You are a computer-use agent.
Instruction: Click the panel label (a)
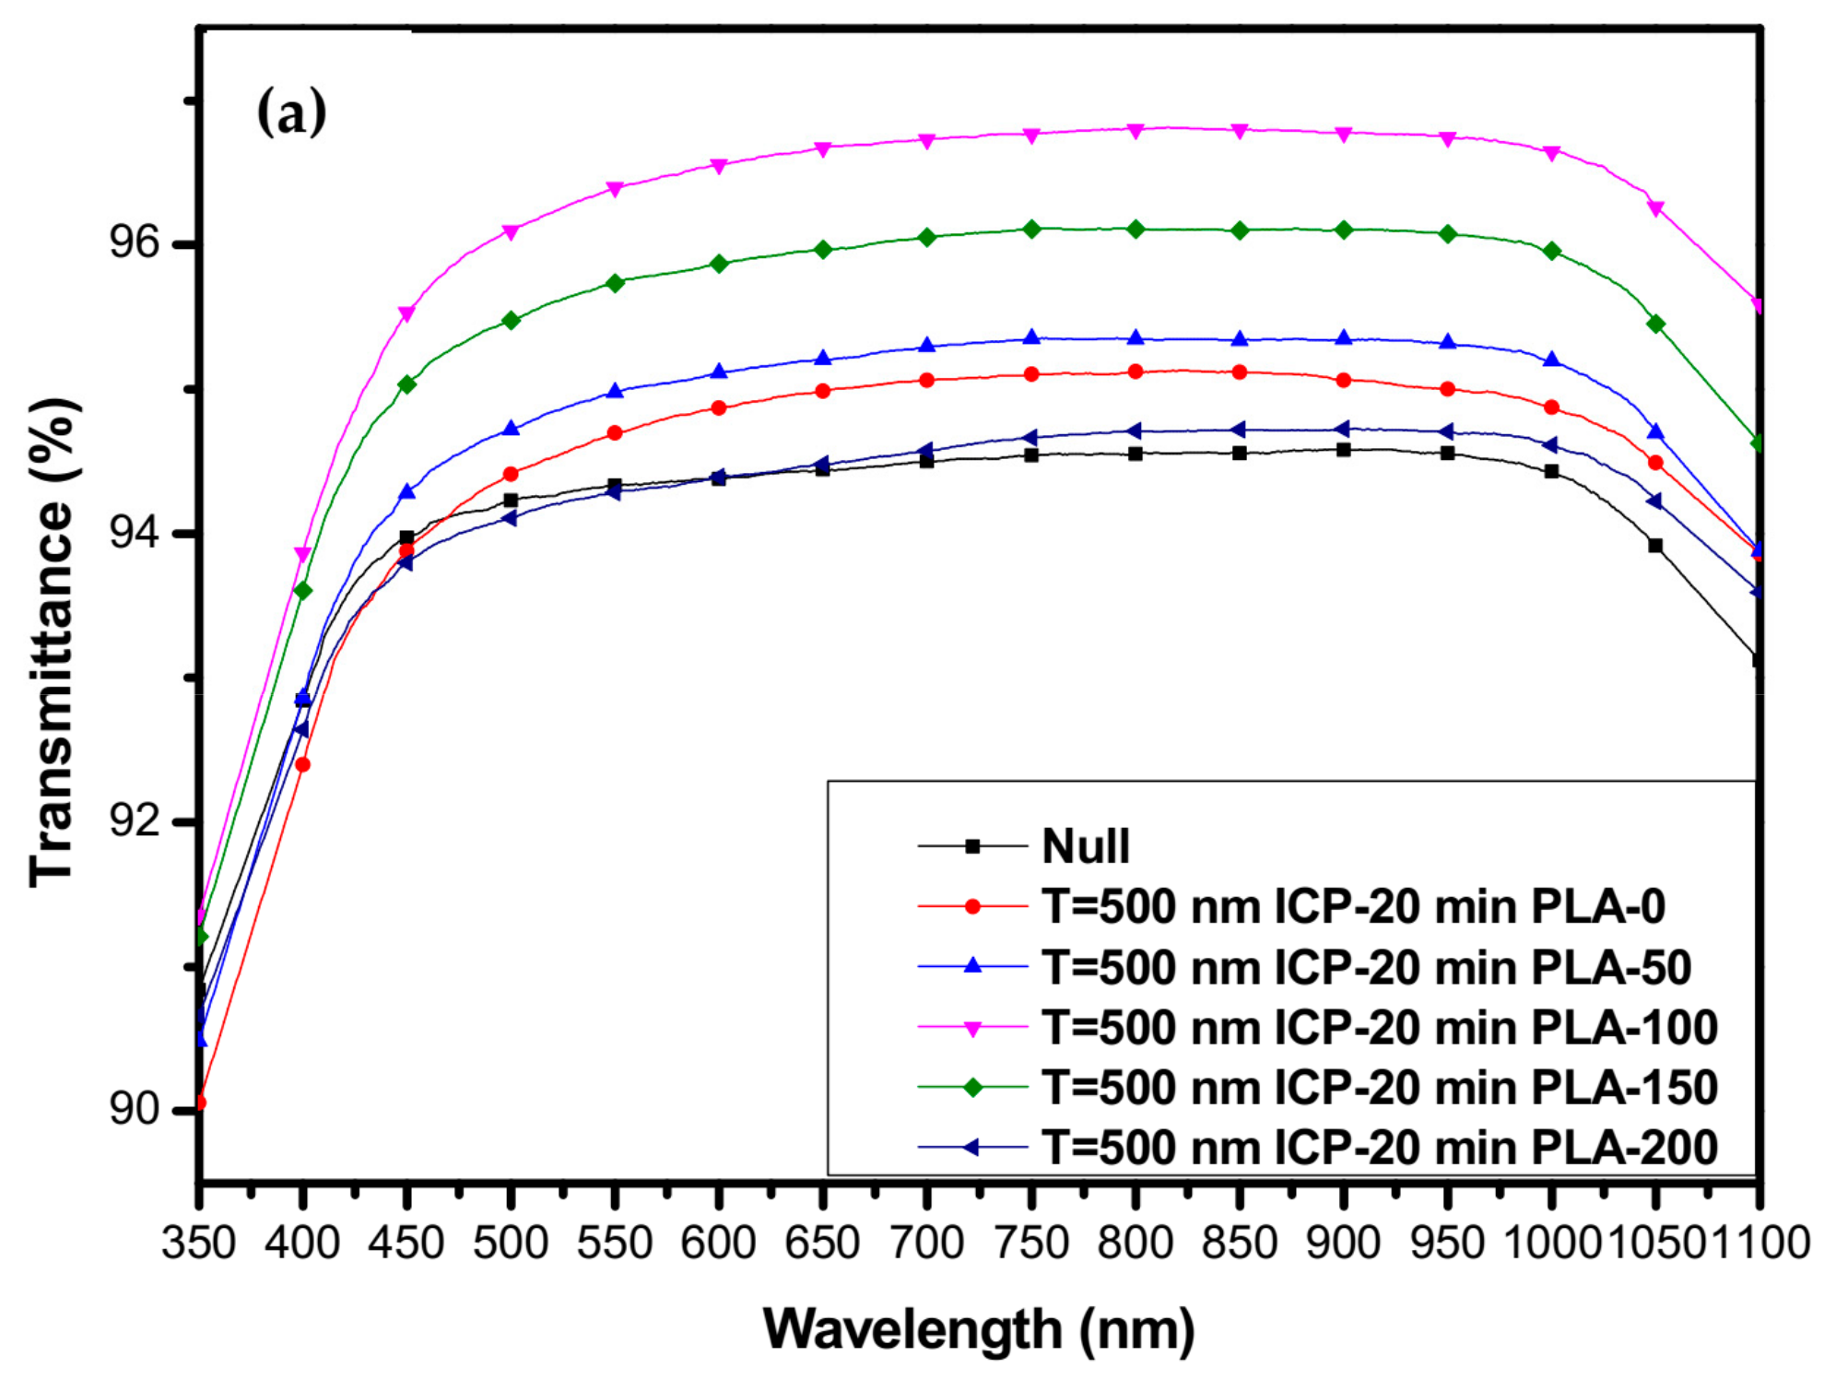pyautogui.click(x=291, y=113)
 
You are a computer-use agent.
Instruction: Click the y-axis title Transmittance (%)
pyautogui.click(x=53, y=643)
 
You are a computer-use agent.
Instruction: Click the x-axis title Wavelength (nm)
pyautogui.click(x=979, y=1329)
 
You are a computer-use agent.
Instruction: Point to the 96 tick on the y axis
pyautogui.click(x=134, y=242)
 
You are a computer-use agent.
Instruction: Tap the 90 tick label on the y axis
pyautogui.click(x=134, y=1108)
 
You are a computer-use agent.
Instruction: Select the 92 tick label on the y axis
pyautogui.click(x=134, y=820)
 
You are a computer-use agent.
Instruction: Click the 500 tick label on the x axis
pyautogui.click(x=510, y=1243)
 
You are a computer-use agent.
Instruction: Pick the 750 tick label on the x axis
pyautogui.click(x=1031, y=1243)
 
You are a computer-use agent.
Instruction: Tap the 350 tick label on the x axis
pyautogui.click(x=199, y=1243)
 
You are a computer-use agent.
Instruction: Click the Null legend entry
pyautogui.click(x=1085, y=845)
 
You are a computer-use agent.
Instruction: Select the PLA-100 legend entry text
pyautogui.click(x=1380, y=1027)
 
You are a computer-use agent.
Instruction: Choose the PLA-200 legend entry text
pyautogui.click(x=1380, y=1148)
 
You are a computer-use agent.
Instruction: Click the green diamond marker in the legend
pyautogui.click(x=971, y=1088)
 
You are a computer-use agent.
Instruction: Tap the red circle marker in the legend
pyautogui.click(x=971, y=906)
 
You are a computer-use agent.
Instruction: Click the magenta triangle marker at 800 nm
pyautogui.click(x=1136, y=131)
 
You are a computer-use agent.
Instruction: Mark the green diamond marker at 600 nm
pyautogui.click(x=719, y=264)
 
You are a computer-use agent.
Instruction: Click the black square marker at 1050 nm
pyautogui.click(x=1655, y=546)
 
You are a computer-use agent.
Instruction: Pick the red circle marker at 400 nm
pyautogui.click(x=302, y=764)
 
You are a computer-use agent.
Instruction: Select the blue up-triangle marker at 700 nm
pyautogui.click(x=927, y=345)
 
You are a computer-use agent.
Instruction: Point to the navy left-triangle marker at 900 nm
pyautogui.click(x=1343, y=429)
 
